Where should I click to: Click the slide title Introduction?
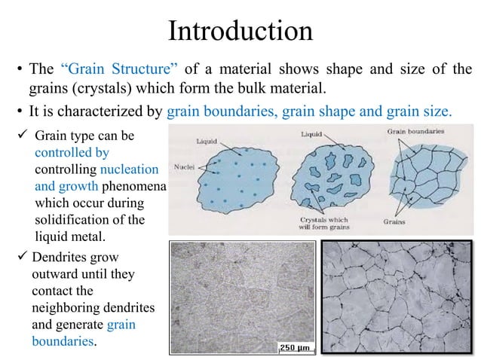[240, 31]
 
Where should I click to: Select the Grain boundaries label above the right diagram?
[416, 131]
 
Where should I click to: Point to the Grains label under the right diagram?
[394, 221]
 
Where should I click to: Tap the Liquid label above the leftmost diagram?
[207, 141]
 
